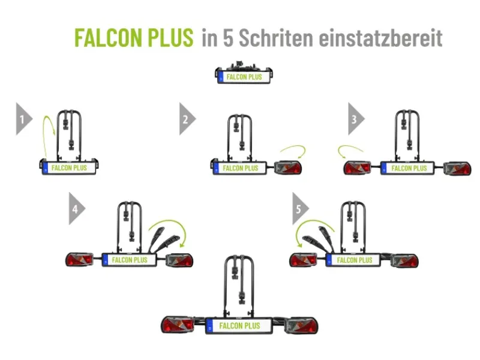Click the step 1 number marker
pyautogui.click(x=23, y=118)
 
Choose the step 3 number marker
pyautogui.click(x=355, y=118)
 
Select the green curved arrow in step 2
pyautogui.click(x=292, y=150)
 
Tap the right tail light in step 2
pyautogui.click(x=288, y=168)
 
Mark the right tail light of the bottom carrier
pyautogui.click(x=301, y=326)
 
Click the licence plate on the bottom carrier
pyautogui.click(x=239, y=326)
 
